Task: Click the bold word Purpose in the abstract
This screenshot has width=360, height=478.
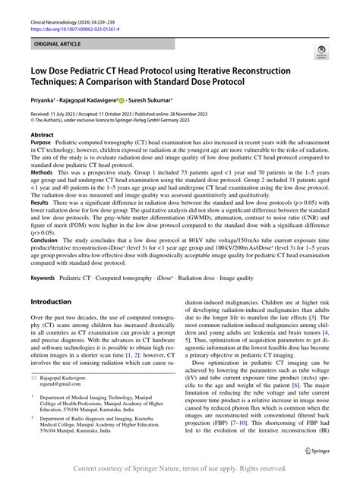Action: click(40, 142)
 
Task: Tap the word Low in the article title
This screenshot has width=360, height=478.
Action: click(39, 71)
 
